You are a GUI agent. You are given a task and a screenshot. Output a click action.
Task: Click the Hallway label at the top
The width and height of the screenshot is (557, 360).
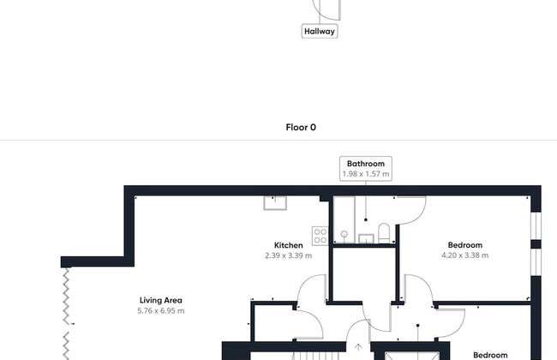click(320, 32)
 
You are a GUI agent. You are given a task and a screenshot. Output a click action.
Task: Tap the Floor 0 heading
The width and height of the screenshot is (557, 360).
click(301, 127)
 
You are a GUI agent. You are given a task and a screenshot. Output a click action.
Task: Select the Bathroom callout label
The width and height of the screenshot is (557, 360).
click(366, 164)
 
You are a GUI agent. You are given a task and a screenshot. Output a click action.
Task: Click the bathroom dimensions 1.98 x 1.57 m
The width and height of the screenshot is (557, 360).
click(366, 174)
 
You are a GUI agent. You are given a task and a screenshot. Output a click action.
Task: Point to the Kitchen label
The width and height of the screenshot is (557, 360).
click(288, 245)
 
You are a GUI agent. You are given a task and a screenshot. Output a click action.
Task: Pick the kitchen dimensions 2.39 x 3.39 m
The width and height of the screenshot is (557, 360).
click(288, 255)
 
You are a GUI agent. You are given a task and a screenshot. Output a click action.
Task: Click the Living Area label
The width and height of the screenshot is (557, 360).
click(161, 300)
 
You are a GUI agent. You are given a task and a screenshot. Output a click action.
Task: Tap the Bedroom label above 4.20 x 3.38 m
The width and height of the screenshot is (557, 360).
click(464, 245)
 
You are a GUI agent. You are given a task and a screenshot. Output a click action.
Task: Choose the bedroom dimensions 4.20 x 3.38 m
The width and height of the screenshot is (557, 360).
click(464, 255)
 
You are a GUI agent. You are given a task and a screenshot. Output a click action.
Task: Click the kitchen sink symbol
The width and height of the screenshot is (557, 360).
click(276, 202)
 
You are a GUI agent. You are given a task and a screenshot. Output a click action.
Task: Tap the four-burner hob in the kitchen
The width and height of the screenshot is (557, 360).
click(320, 234)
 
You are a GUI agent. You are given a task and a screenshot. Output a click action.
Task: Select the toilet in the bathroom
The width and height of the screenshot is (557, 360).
click(384, 232)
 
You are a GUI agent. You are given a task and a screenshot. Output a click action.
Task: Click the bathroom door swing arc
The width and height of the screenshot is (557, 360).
click(412, 209)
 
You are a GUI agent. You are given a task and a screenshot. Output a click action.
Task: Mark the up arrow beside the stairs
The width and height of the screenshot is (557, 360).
click(358, 348)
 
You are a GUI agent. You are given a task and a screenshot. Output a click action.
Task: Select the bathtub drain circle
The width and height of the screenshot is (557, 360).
click(343, 233)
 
